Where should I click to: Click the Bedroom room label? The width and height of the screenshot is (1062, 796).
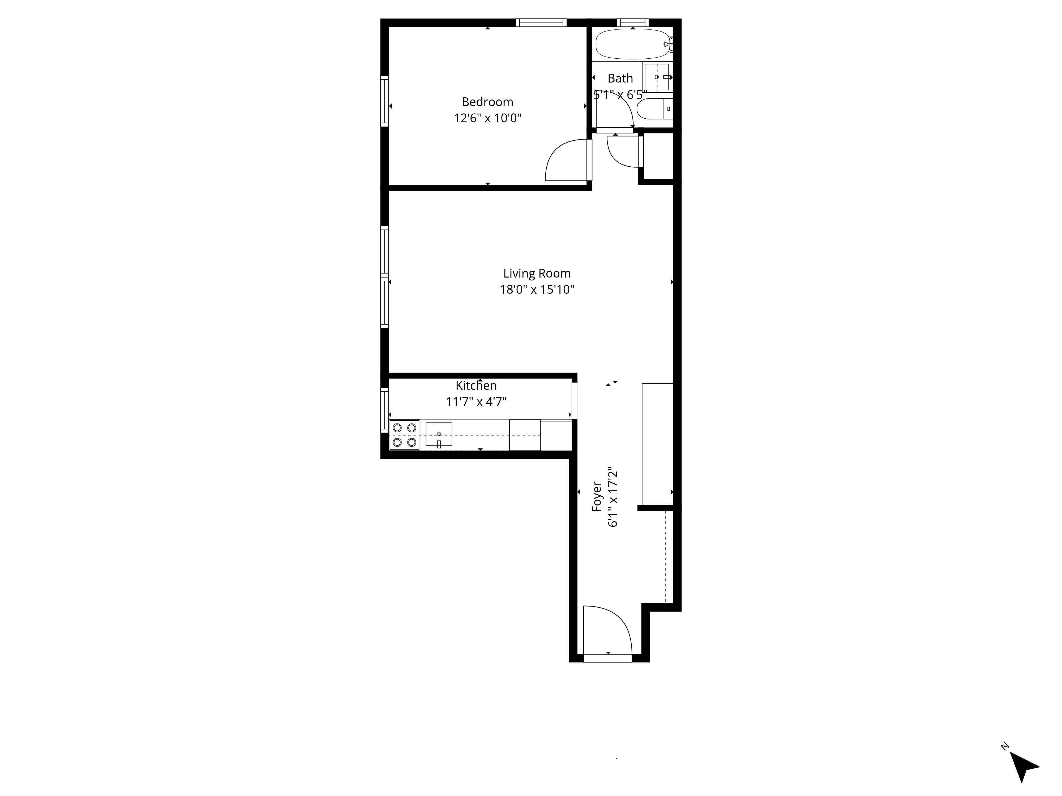pos(487,102)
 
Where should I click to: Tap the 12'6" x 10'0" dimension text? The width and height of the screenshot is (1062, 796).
pos(487,118)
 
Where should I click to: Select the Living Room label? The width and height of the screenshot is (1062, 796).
pos(537,274)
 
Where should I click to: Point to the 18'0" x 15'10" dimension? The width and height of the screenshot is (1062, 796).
pos(537,290)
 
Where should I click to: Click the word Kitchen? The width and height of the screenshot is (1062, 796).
pos(476,385)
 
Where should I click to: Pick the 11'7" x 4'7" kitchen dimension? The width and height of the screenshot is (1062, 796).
pos(476,402)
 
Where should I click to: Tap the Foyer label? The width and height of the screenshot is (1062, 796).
pos(597,497)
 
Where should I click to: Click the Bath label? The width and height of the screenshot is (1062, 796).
pos(620,78)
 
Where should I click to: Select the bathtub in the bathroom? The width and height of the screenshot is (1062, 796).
pos(632,44)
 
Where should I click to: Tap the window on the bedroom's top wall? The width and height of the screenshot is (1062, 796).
pos(541,23)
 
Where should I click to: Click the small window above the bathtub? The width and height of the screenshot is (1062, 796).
pos(632,23)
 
